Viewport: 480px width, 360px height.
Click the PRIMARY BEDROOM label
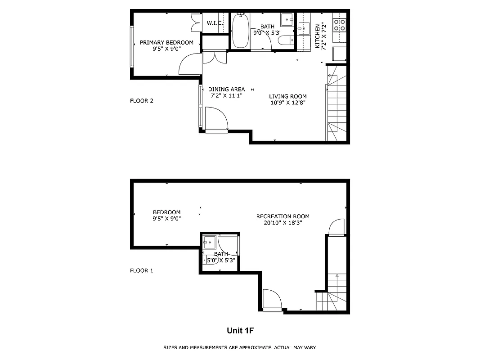pyautogui.click(x=166, y=43)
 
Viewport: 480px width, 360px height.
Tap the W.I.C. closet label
pyautogui.click(x=215, y=23)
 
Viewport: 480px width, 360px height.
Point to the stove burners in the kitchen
pyautogui.click(x=339, y=24)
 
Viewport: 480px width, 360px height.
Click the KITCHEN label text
pyautogui.click(x=318, y=36)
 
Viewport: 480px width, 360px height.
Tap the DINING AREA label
pyautogui.click(x=226, y=89)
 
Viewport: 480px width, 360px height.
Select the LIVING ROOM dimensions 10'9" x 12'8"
pyautogui.click(x=288, y=103)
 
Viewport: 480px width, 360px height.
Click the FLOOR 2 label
pyautogui.click(x=142, y=101)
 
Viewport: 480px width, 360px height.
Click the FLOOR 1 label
pyautogui.click(x=142, y=270)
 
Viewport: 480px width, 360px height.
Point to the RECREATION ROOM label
pyautogui.click(x=283, y=216)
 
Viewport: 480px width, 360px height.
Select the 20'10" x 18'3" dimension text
pyautogui.click(x=283, y=222)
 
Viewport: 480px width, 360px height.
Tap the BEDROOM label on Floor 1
pyautogui.click(x=166, y=212)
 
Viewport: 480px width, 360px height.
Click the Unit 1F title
pyautogui.click(x=240, y=331)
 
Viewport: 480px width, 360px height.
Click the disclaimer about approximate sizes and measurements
pyautogui.click(x=240, y=347)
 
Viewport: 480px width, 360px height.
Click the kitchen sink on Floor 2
pyautogui.click(x=304, y=28)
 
